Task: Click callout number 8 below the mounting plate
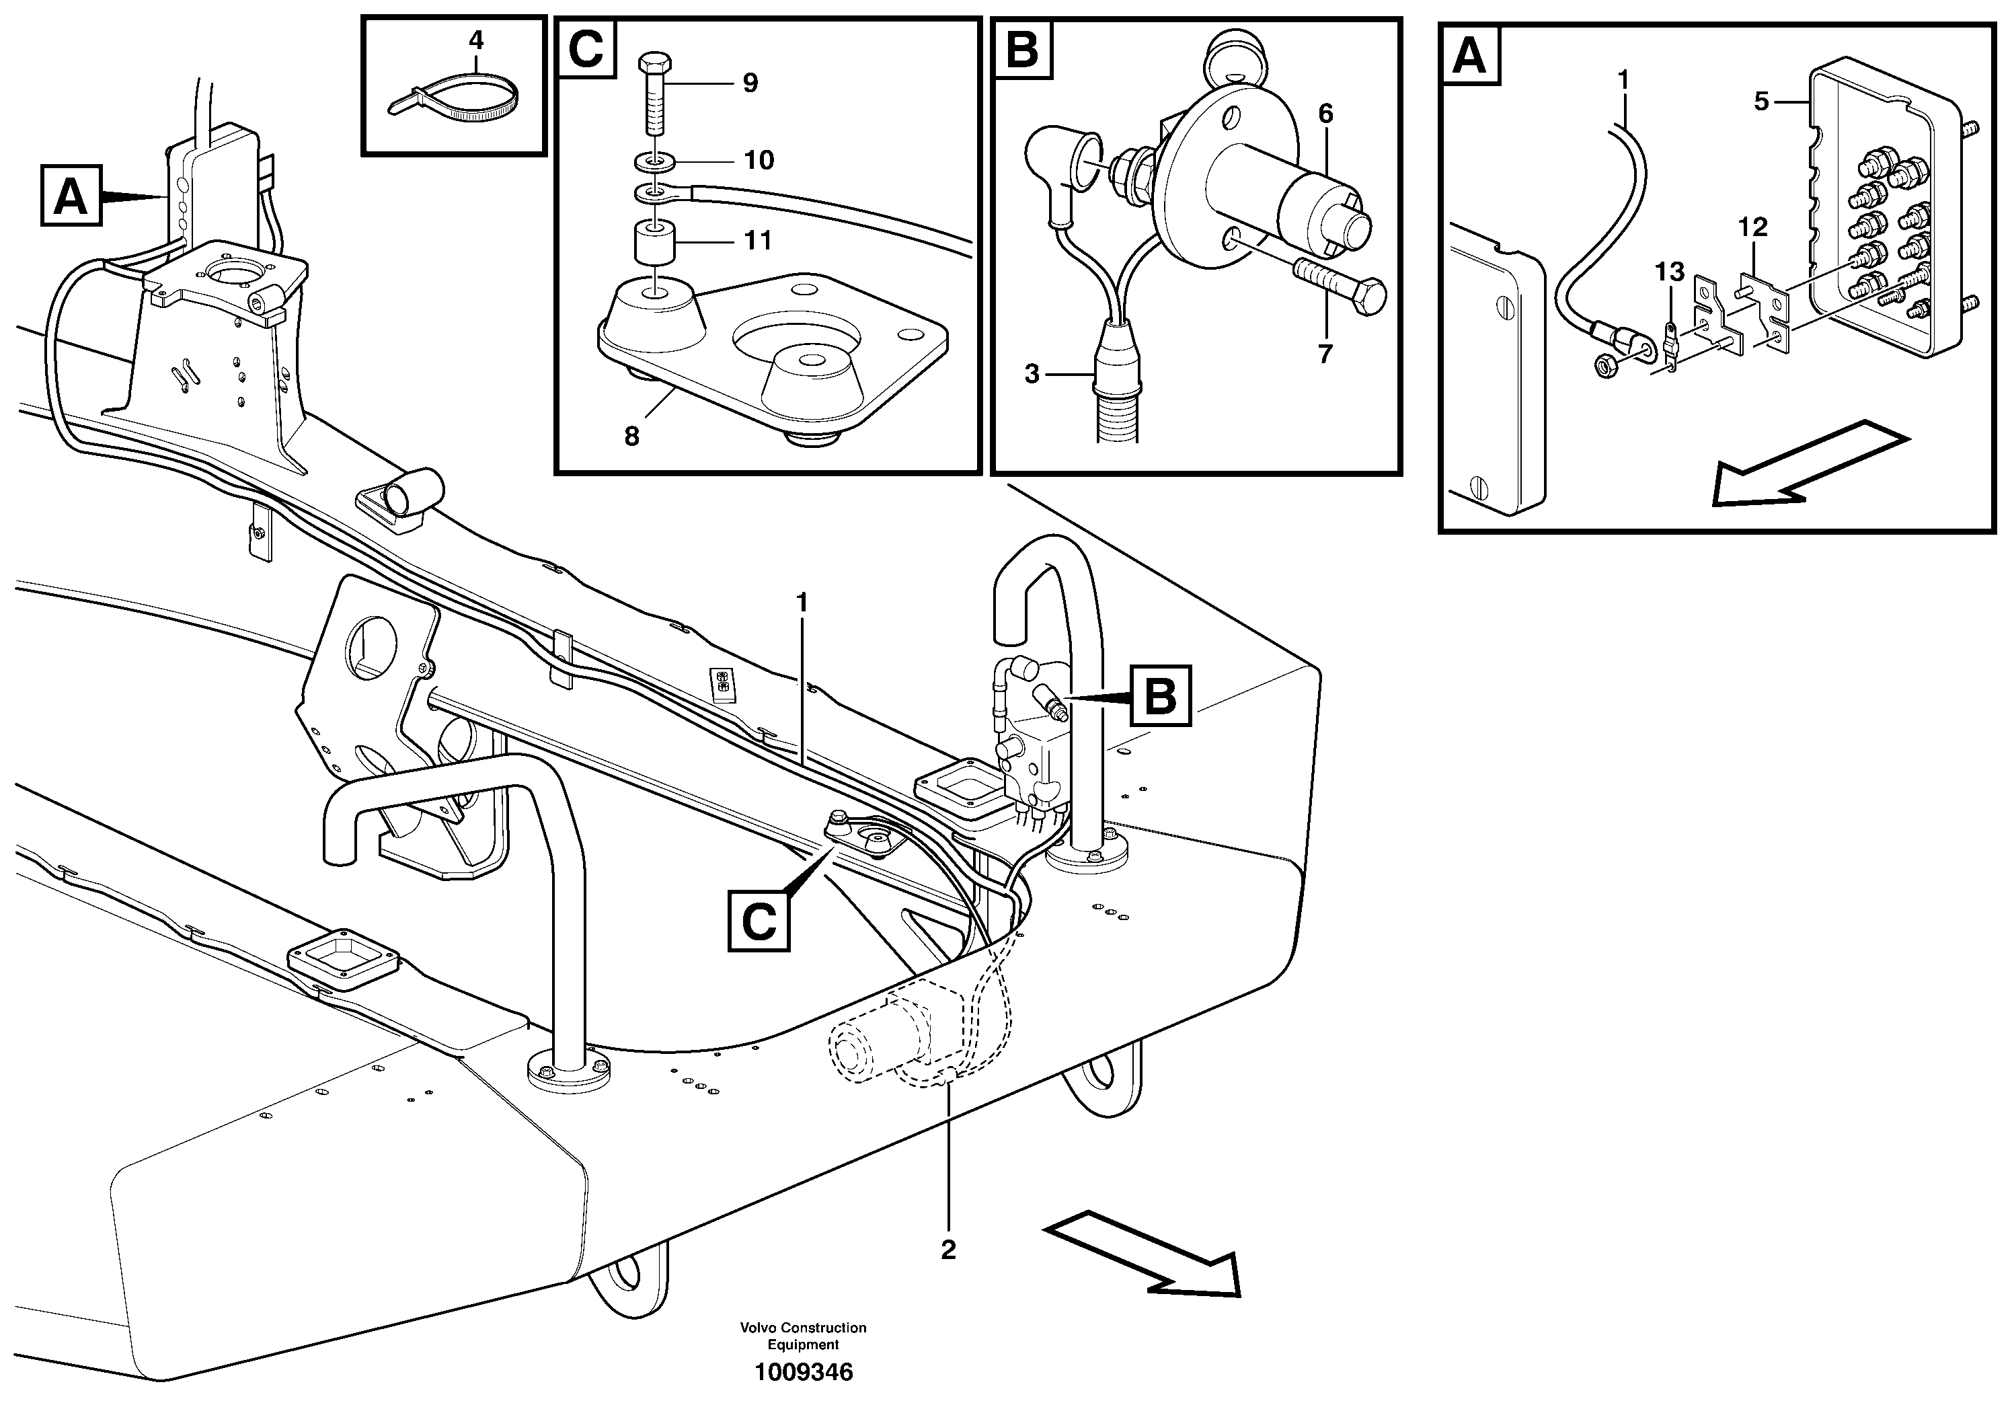pyautogui.click(x=632, y=437)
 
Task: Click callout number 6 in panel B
pyautogui.click(x=1324, y=114)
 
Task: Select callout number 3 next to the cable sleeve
pyautogui.click(x=1032, y=374)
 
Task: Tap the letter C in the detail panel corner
pyautogui.click(x=585, y=48)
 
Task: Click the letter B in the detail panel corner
pyautogui.click(x=1021, y=50)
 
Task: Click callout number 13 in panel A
pyautogui.click(x=1669, y=272)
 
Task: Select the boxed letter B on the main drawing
pyautogui.click(x=1160, y=697)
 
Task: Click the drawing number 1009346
pyautogui.click(x=804, y=1372)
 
